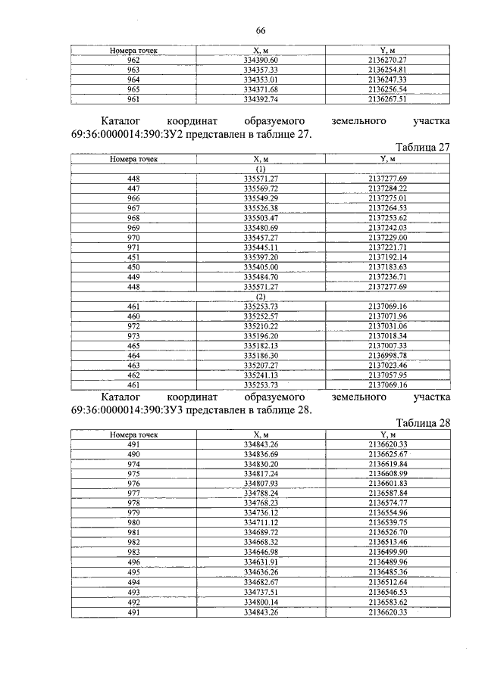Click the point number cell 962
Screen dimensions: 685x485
tap(133, 59)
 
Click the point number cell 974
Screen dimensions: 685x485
tap(133, 463)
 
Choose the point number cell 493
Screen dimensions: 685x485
tap(133, 592)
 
